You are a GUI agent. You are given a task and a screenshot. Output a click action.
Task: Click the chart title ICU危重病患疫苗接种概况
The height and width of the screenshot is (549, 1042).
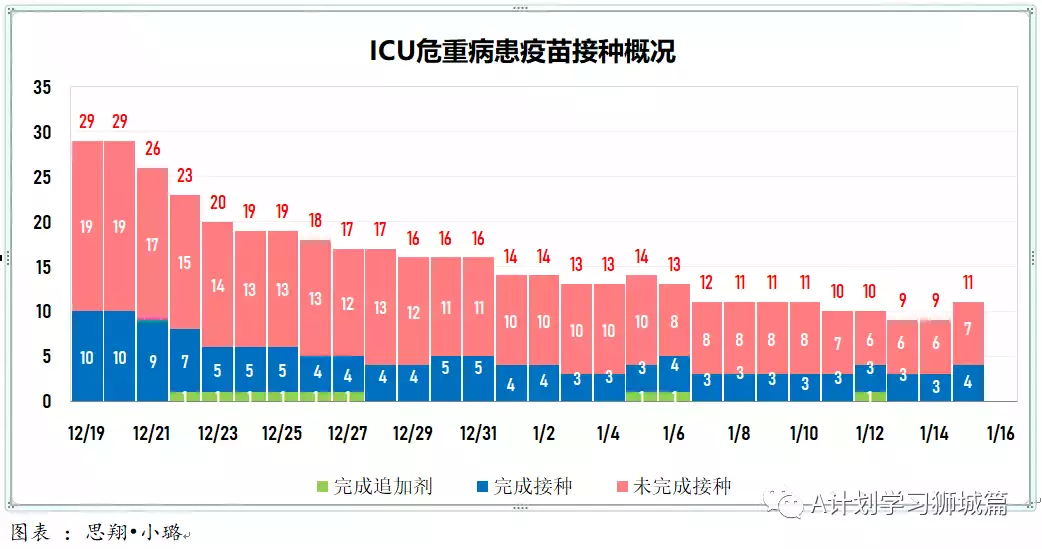click(x=521, y=51)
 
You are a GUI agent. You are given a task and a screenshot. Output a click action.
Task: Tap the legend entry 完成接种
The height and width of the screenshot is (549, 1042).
click(x=524, y=487)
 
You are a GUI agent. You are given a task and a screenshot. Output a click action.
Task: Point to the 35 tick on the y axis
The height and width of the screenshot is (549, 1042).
click(x=41, y=87)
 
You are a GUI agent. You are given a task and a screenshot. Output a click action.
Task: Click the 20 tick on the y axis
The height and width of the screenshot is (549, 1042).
click(x=41, y=222)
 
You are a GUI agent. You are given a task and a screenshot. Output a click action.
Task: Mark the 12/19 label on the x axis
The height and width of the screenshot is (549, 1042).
click(x=86, y=433)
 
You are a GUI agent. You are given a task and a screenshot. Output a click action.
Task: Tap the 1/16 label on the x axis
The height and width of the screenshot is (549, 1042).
click(x=1000, y=433)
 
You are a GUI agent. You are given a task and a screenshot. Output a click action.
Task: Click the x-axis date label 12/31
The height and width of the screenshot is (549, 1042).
click(x=478, y=433)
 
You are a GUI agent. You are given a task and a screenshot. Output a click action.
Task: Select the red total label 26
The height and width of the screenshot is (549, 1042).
click(x=152, y=149)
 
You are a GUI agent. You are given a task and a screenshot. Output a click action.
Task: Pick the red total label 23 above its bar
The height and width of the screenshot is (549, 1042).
click(x=185, y=176)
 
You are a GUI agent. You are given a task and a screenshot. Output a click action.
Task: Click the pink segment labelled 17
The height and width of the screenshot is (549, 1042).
click(x=152, y=243)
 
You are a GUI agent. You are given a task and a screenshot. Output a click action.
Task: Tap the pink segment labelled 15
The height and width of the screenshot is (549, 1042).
click(x=185, y=262)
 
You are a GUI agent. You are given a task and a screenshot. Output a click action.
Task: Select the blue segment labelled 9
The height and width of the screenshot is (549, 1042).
click(x=152, y=361)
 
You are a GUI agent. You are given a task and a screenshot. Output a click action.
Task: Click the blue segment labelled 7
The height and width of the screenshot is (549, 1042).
click(x=185, y=360)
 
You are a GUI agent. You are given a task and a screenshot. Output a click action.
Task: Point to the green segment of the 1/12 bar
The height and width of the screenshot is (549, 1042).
click(x=869, y=396)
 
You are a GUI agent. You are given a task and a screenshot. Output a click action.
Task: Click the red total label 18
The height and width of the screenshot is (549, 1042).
click(x=315, y=221)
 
